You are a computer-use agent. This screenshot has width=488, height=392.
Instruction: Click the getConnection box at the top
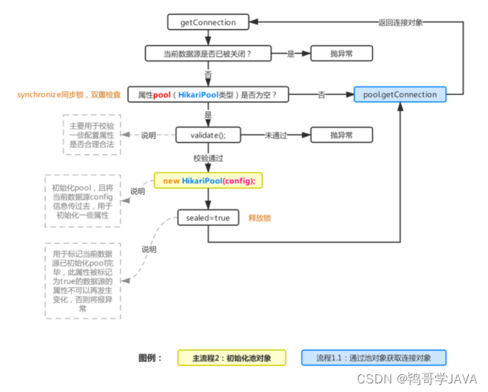click(208, 22)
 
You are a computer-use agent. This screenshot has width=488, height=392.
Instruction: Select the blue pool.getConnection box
click(400, 94)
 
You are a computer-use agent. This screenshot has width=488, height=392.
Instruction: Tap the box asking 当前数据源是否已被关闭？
click(209, 53)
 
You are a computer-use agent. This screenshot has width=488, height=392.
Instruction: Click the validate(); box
click(208, 135)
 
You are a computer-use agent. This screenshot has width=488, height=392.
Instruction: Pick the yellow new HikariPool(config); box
click(209, 181)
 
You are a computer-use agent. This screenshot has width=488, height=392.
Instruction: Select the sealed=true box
click(208, 217)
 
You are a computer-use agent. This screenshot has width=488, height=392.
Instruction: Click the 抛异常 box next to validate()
click(331, 135)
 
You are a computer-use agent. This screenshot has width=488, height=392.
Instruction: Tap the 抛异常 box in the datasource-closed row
click(331, 53)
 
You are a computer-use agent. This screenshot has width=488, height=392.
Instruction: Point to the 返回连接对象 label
click(400, 22)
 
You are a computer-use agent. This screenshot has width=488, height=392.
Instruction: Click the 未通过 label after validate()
click(276, 135)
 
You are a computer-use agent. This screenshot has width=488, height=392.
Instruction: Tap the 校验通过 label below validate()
click(209, 158)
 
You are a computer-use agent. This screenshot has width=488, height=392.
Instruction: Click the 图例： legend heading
click(150, 358)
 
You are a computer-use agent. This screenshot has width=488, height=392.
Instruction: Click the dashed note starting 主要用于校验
click(90, 135)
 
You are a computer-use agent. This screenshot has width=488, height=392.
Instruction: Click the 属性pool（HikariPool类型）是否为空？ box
click(209, 94)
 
